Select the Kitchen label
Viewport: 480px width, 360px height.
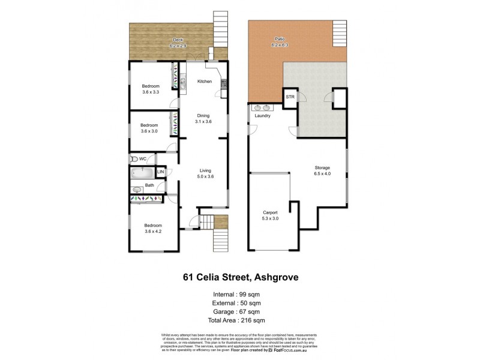[205, 81]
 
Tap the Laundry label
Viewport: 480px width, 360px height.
[263, 116]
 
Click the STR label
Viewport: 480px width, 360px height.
[290, 97]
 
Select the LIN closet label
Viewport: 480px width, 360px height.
[160, 173]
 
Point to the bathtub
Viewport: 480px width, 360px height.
[142, 173]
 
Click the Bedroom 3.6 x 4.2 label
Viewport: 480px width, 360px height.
[153, 227]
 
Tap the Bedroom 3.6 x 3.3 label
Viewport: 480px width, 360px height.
[151, 89]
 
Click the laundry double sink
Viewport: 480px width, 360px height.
[262, 108]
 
